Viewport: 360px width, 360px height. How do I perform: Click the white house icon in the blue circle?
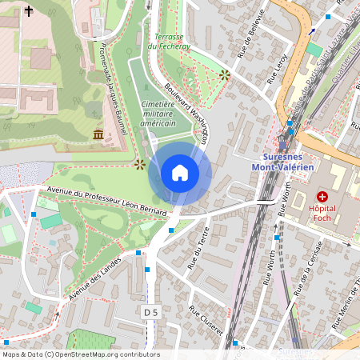click(x=179, y=173)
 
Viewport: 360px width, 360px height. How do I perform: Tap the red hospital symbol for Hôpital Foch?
click(x=322, y=196)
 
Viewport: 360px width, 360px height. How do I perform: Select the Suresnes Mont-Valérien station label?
click(x=287, y=161)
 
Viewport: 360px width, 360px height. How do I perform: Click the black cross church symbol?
click(x=30, y=11)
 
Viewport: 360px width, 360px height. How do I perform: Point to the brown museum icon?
click(x=98, y=134)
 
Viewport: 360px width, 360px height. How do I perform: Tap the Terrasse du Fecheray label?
click(x=169, y=42)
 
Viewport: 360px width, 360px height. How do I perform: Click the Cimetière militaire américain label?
click(x=158, y=114)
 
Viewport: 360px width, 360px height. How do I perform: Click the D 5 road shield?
click(x=151, y=310)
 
